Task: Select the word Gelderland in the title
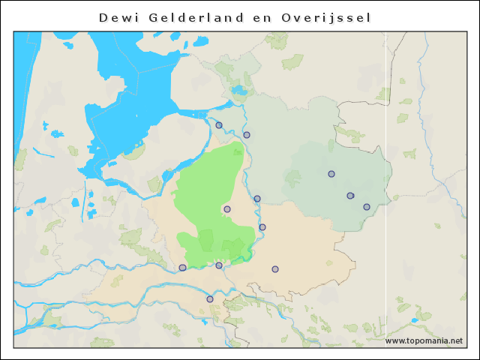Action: tap(202, 16)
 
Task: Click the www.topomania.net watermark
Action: tap(423, 340)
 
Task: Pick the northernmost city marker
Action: tap(219, 125)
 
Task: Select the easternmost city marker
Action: tap(367, 207)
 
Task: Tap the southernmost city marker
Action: tap(210, 299)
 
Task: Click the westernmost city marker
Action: tap(182, 268)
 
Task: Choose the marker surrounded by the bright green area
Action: tap(227, 209)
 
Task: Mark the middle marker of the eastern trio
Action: tap(350, 196)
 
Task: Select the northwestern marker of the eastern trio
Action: tap(331, 174)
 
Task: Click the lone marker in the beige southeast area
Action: tap(275, 269)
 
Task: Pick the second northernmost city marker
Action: tap(247, 135)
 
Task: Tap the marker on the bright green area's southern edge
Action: tap(219, 265)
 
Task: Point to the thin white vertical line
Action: tap(386, 187)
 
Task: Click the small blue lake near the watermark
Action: tap(415, 321)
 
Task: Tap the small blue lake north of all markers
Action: tap(239, 91)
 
